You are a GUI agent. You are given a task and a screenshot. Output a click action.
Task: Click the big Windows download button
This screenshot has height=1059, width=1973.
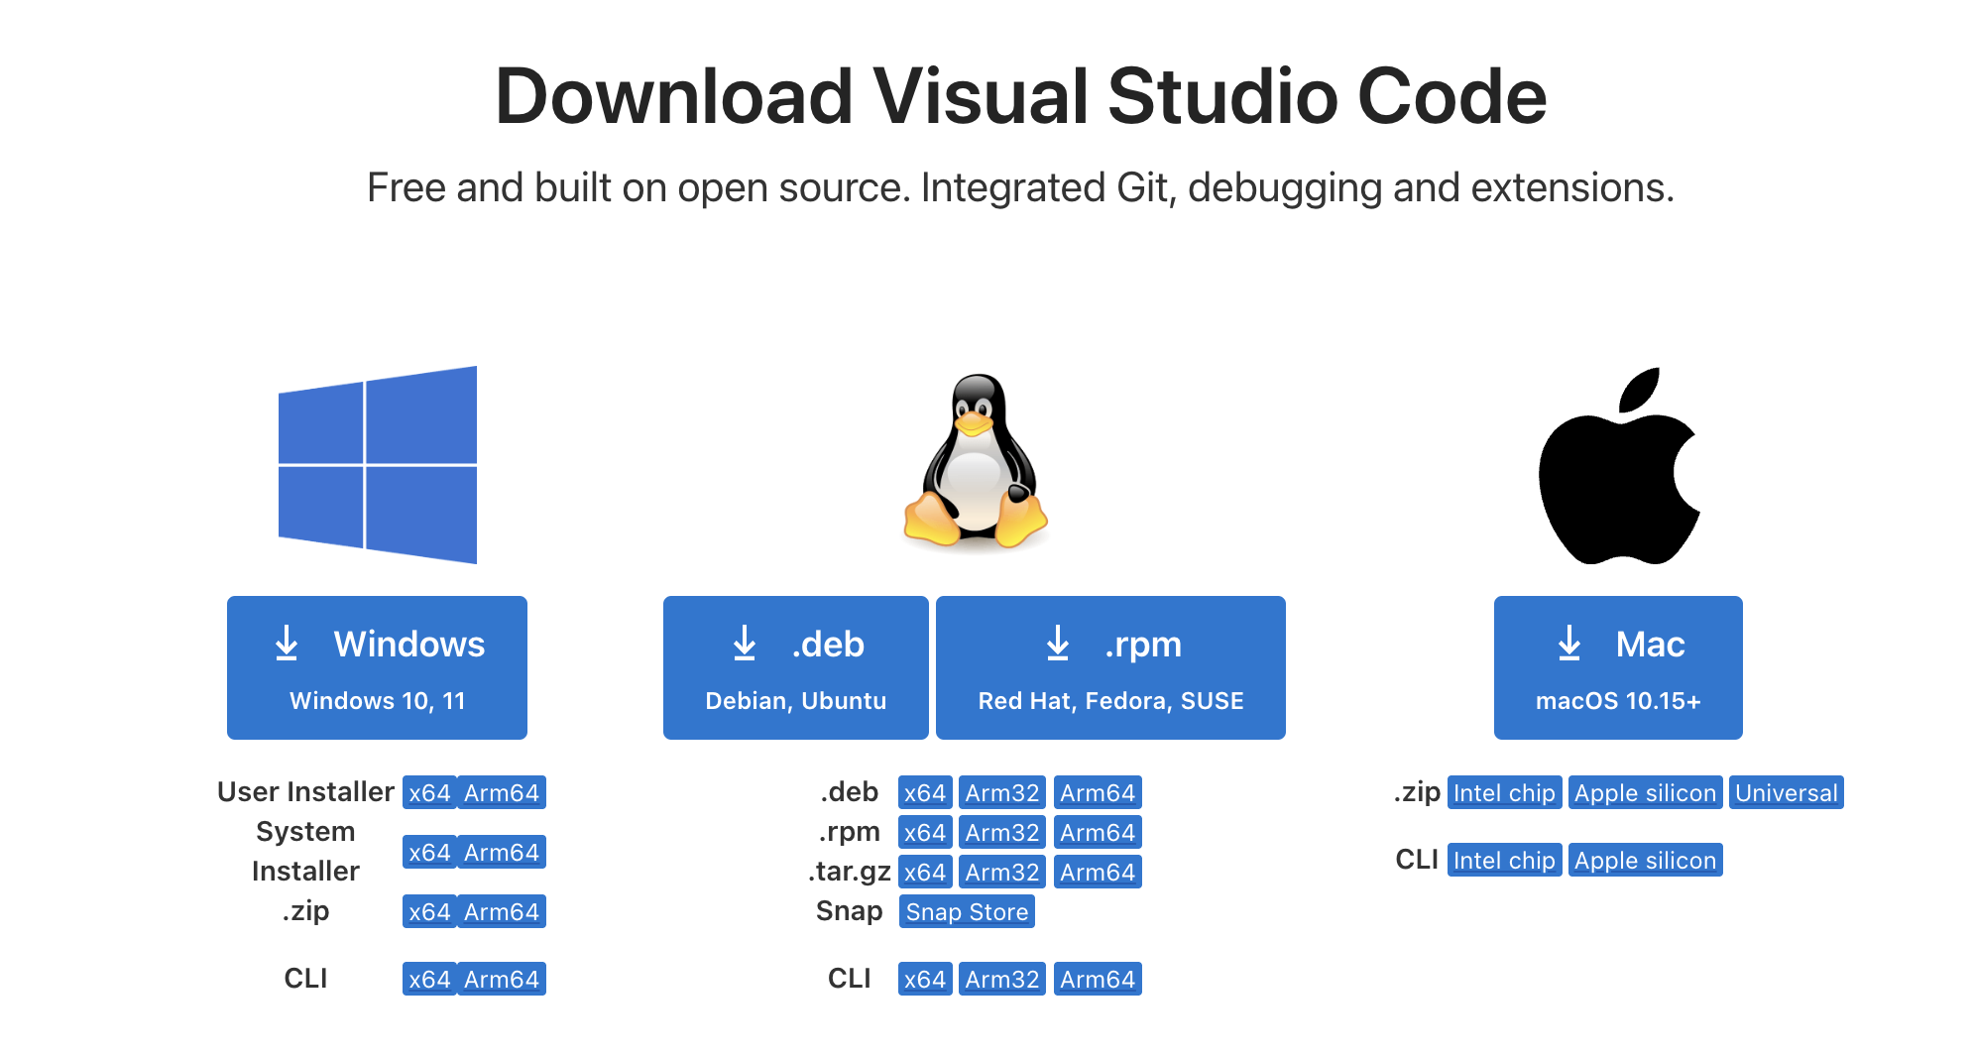(377, 667)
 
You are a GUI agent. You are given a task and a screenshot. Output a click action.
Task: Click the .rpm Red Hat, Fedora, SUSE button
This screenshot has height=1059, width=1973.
(1110, 667)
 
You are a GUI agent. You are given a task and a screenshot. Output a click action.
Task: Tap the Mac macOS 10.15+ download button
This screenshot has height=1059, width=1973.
(1618, 667)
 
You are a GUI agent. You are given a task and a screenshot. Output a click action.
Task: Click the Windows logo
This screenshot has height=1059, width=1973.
(378, 465)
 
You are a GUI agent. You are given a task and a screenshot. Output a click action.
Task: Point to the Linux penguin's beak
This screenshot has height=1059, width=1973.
(973, 424)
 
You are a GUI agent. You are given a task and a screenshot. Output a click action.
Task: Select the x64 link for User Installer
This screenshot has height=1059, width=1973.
(429, 793)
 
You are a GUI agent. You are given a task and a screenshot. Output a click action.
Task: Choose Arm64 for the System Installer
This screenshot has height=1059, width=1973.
(502, 853)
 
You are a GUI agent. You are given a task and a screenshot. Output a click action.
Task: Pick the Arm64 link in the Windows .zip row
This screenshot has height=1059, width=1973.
(502, 912)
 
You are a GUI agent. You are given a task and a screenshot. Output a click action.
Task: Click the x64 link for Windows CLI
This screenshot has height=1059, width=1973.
(429, 980)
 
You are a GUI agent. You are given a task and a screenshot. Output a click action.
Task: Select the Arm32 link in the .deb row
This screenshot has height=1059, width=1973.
(1002, 793)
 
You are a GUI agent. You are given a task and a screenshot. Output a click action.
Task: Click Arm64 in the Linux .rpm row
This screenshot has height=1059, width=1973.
(1098, 833)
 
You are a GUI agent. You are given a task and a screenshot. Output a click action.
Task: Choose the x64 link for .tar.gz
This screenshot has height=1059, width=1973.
(925, 873)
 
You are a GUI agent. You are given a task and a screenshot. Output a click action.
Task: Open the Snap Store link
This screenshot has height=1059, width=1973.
(967, 912)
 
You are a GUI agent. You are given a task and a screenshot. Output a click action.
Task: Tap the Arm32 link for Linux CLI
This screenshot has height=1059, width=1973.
(1002, 980)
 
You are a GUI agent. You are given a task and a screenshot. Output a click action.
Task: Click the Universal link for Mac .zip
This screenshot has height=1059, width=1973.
(1787, 793)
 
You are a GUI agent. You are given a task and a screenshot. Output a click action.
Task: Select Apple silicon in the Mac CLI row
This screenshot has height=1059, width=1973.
(1646, 861)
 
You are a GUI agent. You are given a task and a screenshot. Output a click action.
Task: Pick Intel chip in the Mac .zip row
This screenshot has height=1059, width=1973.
(1504, 793)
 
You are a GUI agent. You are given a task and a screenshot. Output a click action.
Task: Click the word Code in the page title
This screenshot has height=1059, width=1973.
(1451, 96)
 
